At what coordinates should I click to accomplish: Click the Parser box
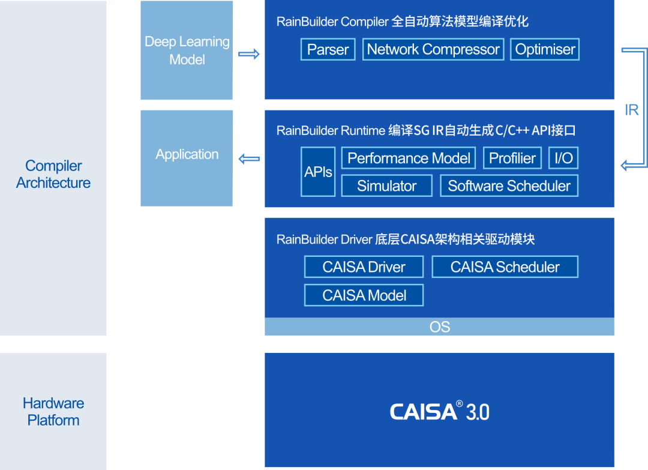click(328, 49)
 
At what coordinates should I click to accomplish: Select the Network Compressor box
click(433, 49)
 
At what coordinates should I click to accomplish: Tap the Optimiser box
click(545, 49)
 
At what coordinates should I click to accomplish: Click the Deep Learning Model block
click(187, 50)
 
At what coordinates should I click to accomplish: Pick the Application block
click(187, 155)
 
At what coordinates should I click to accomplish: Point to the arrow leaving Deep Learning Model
click(249, 54)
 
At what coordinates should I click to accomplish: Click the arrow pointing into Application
click(249, 159)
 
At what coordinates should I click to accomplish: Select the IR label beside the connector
click(631, 110)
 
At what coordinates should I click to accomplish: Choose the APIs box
click(318, 172)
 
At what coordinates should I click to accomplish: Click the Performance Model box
click(409, 158)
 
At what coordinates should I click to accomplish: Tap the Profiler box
click(512, 158)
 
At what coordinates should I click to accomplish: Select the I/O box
click(563, 158)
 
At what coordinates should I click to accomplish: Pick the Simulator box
click(386, 186)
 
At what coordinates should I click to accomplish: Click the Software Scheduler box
click(509, 186)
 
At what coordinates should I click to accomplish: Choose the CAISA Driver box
click(364, 267)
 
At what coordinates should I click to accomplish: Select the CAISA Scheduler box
click(505, 267)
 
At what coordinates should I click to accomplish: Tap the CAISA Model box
click(364, 295)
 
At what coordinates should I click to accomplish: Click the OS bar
click(439, 327)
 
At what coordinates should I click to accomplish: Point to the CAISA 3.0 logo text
click(439, 412)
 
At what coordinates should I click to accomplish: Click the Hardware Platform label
click(53, 412)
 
